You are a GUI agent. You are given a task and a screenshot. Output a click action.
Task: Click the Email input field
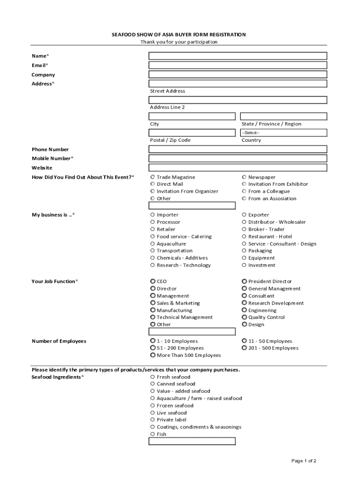pyautogui.click(x=238, y=65)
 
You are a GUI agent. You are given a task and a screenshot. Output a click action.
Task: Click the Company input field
pyautogui.click(x=238, y=74)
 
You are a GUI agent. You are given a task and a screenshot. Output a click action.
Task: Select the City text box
pyautogui.click(x=192, y=116)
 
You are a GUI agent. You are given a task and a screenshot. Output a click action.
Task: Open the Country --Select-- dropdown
pyautogui.click(x=283, y=132)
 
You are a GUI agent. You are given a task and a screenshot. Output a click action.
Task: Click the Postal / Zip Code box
pyautogui.click(x=192, y=132)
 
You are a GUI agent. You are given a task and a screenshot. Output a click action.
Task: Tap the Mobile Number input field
pyautogui.click(x=238, y=158)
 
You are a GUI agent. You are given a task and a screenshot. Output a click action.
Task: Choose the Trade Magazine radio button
pyautogui.click(x=153, y=177)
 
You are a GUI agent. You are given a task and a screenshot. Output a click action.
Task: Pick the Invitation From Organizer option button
pyautogui.click(x=153, y=191)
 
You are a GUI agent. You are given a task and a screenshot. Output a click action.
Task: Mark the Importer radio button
pyautogui.click(x=153, y=215)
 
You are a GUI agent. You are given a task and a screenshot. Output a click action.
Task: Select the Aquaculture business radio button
pyautogui.click(x=153, y=244)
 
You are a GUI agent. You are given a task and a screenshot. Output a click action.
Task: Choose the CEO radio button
pyautogui.click(x=153, y=281)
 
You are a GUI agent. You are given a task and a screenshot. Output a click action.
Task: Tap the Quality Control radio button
pyautogui.click(x=245, y=317)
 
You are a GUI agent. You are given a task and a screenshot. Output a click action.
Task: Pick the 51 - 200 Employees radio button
pyautogui.click(x=153, y=348)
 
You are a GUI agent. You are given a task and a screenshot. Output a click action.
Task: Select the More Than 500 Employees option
pyautogui.click(x=153, y=355)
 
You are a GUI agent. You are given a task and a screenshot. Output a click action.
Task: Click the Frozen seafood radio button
pyautogui.click(x=153, y=406)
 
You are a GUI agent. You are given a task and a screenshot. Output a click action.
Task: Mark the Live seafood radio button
pyautogui.click(x=153, y=413)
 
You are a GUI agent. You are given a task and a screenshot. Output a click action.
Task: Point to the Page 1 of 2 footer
pyautogui.click(x=304, y=461)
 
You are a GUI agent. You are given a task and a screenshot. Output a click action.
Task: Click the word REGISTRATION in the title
pyautogui.click(x=228, y=35)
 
